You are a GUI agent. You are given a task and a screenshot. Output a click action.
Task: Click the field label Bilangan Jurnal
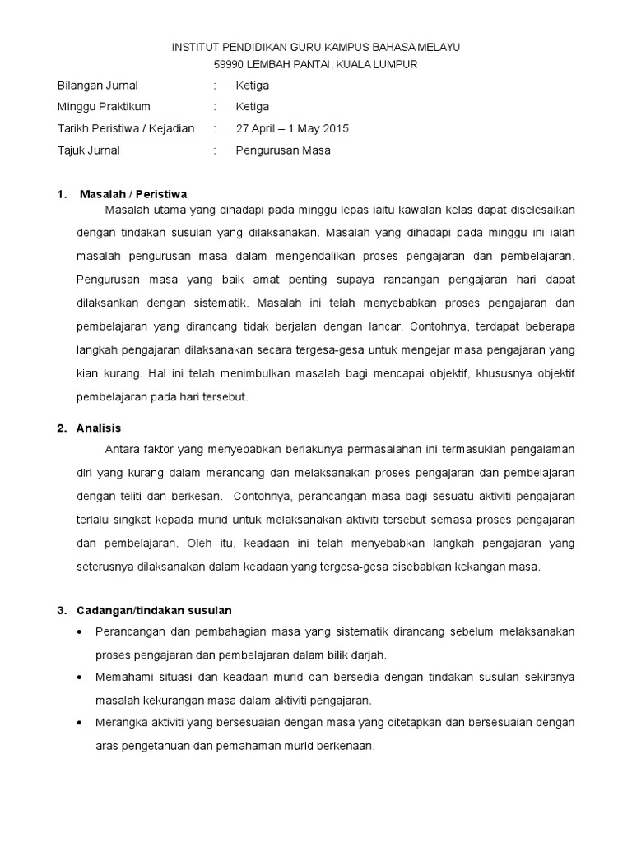coord(97,86)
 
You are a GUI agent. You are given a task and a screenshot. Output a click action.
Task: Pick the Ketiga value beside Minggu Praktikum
coord(252,107)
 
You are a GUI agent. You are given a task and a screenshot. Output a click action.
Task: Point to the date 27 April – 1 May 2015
coord(292,128)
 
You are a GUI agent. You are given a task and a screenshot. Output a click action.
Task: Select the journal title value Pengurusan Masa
coord(283,150)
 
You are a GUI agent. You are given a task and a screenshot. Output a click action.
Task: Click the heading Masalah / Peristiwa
coord(133,194)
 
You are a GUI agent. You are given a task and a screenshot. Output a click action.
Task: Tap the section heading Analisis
coord(99,428)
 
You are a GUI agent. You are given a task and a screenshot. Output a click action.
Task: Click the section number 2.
coord(61,428)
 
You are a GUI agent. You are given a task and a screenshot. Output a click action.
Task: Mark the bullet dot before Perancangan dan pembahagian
coord(78,632)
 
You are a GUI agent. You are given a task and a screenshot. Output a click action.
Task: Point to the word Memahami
coord(123,678)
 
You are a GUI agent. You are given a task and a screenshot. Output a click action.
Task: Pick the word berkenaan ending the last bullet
coord(348,747)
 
